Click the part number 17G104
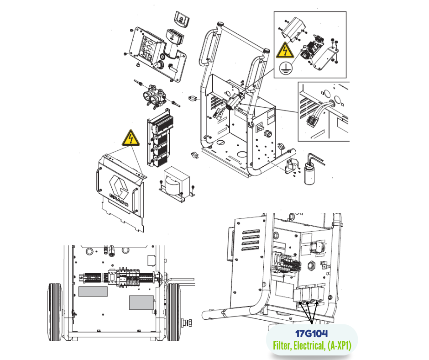click(x=312, y=334)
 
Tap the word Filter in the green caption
click(x=282, y=345)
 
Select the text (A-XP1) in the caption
click(x=339, y=346)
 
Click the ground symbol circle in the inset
click(x=286, y=68)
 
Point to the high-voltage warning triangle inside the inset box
click(x=285, y=50)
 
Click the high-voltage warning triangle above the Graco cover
click(x=131, y=138)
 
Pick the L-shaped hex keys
click(x=316, y=159)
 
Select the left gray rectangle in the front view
click(x=93, y=291)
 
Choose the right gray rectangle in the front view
click(x=141, y=303)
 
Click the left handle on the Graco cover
click(x=98, y=180)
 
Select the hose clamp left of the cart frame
click(x=194, y=98)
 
